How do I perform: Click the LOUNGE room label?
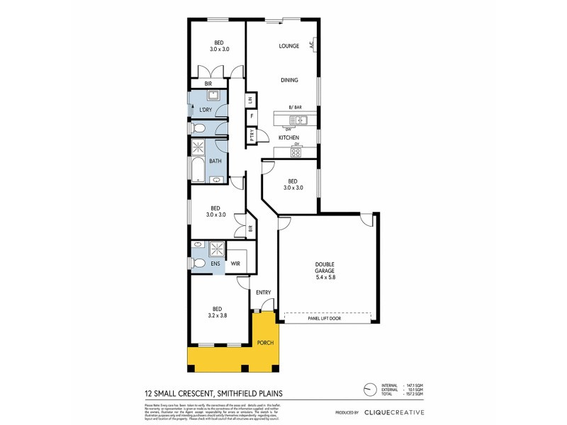pyautogui.click(x=288, y=46)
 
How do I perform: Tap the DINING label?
pyautogui.click(x=288, y=79)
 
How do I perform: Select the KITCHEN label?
pyautogui.click(x=288, y=137)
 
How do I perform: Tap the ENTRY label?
pyautogui.click(x=264, y=293)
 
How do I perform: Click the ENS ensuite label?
pyautogui.click(x=213, y=263)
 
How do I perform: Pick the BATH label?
pyautogui.click(x=215, y=161)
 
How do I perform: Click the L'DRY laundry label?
pyautogui.click(x=206, y=109)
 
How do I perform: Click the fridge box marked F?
pyautogui.click(x=252, y=116)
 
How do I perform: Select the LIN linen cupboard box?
pyautogui.click(x=251, y=99)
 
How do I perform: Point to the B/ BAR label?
pyautogui.click(x=296, y=107)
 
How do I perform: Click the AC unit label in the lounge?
pyautogui.click(x=312, y=44)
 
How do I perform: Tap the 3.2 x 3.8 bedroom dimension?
pyautogui.click(x=218, y=316)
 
